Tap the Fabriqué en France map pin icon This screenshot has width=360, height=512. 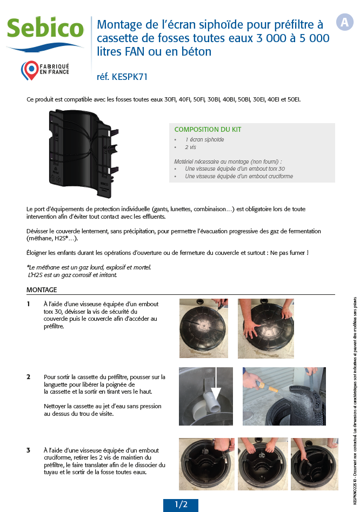pyautogui.click(x=29, y=70)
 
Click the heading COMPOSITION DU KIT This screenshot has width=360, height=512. pyautogui.click(x=208, y=130)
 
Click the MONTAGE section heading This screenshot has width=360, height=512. pyautogui.click(x=42, y=290)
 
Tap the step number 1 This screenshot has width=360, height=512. pyautogui.click(x=28, y=304)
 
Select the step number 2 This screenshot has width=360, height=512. pyautogui.click(x=28, y=376)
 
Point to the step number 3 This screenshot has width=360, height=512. pyautogui.click(x=28, y=450)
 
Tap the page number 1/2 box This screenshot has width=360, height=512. pyautogui.click(x=181, y=504)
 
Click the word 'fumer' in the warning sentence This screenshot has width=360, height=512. pyautogui.click(x=296, y=253)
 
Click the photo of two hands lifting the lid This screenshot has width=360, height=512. pyautogui.click(x=265, y=328)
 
